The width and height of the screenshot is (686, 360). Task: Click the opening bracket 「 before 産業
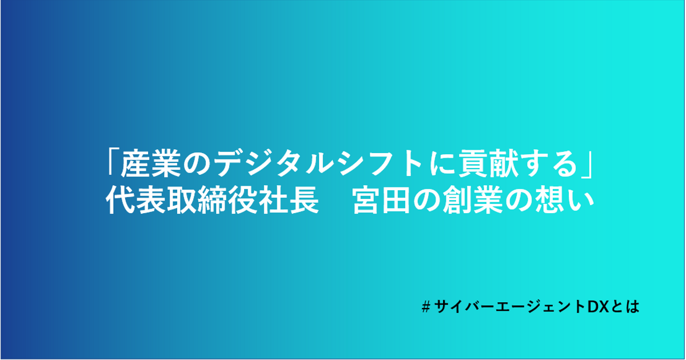[112, 162]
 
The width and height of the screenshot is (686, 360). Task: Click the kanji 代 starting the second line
[121, 200]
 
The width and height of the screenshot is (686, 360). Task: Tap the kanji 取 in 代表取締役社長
[182, 200]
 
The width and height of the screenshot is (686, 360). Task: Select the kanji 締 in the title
[212, 200]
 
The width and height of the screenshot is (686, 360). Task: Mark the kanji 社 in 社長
[273, 200]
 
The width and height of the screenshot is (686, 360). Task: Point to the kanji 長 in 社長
[304, 200]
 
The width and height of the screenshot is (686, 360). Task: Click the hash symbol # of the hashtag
[426, 307]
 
